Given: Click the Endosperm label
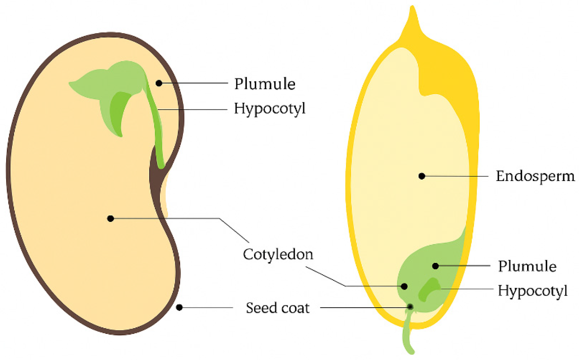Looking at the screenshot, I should pyautogui.click(x=535, y=176).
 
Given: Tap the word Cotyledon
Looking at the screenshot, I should pyautogui.click(x=278, y=254).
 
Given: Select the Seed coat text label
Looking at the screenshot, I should pyautogui.click(x=278, y=308).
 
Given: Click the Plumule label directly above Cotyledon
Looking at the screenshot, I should pyautogui.click(x=265, y=84).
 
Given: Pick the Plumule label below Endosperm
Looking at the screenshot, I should pyautogui.click(x=527, y=266).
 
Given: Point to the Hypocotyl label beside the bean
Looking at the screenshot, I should pyautogui.click(x=269, y=109).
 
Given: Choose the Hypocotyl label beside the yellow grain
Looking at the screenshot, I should pyautogui.click(x=532, y=291).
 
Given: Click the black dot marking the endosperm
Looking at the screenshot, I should pyautogui.click(x=422, y=176).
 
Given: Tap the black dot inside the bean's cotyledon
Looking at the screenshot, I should pyautogui.click(x=111, y=218).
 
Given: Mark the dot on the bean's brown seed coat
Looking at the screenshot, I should pyautogui.click(x=179, y=307).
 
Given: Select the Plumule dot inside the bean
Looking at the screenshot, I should pyautogui.click(x=159, y=83).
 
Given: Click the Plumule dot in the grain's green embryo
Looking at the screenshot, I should pyautogui.click(x=435, y=266).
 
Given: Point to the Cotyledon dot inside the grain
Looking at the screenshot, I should pyautogui.click(x=404, y=286).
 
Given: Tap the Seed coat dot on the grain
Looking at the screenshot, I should pyautogui.click(x=410, y=307).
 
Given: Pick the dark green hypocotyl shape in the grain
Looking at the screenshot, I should pyautogui.click(x=427, y=290).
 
